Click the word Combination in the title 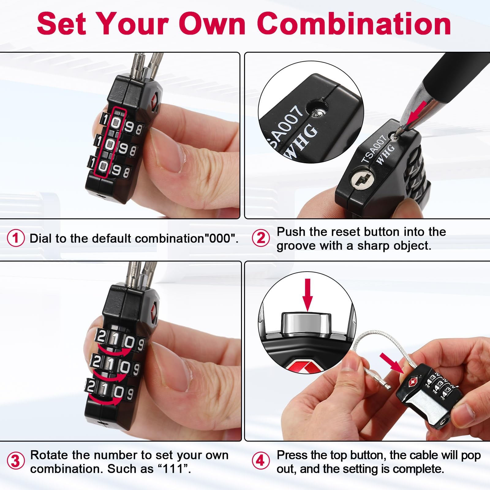[x=354, y=24]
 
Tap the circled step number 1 [x=16, y=238]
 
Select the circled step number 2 [x=261, y=238]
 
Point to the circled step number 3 [x=16, y=461]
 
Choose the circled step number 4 [x=260, y=461]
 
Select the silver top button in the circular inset [x=307, y=323]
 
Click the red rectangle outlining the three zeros [x=110, y=142]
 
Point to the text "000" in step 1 [x=220, y=238]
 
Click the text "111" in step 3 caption [x=174, y=469]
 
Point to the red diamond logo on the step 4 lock [x=413, y=382]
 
